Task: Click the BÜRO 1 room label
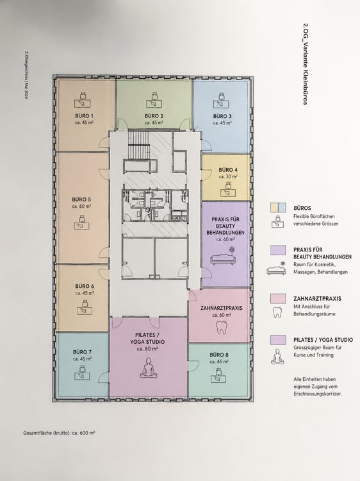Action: pyautogui.click(x=85, y=116)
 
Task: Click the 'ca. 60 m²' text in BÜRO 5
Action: pyautogui.click(x=81, y=207)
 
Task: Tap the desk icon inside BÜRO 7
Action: pyautogui.click(x=82, y=372)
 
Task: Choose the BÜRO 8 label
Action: pyautogui.click(x=219, y=355)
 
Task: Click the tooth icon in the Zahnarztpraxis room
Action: pyautogui.click(x=221, y=327)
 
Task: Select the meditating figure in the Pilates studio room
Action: pyautogui.click(x=148, y=367)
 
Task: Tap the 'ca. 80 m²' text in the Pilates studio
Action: pyautogui.click(x=147, y=349)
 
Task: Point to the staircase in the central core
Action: pyautogui.click(x=139, y=142)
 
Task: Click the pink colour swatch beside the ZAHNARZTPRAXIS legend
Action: pyautogui.click(x=278, y=298)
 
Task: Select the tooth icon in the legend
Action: pyautogui.click(x=277, y=312)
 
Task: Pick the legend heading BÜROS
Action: pyautogui.click(x=302, y=208)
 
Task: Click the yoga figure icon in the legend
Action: pyautogui.click(x=277, y=357)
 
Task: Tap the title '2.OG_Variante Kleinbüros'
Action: pyautogui.click(x=305, y=64)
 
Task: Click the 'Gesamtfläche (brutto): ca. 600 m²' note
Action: pyautogui.click(x=59, y=433)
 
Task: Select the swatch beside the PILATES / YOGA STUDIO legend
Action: pyautogui.click(x=278, y=340)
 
